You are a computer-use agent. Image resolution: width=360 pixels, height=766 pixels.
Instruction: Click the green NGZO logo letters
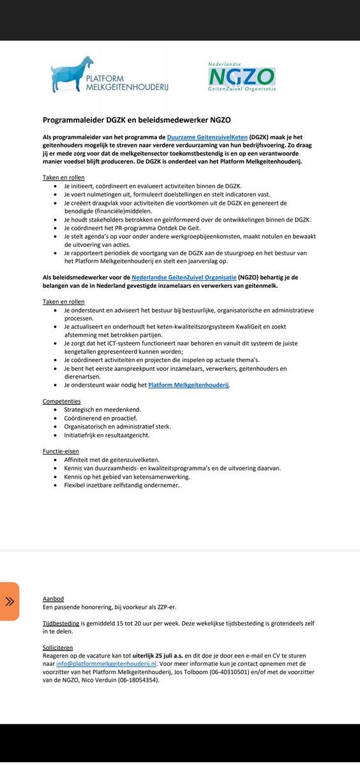pyautogui.click(x=241, y=78)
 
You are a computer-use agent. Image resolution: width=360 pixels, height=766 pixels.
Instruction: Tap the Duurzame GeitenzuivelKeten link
pyautogui.click(x=207, y=137)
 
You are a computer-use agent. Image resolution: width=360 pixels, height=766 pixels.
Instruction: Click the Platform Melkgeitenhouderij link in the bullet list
pyautogui.click(x=188, y=385)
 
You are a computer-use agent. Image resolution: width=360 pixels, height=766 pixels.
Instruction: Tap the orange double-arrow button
pyautogui.click(x=10, y=601)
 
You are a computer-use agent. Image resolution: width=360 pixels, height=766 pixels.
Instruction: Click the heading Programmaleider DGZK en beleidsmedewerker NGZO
pyautogui.click(x=137, y=119)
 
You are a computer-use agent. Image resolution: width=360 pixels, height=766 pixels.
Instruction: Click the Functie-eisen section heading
pyautogui.click(x=61, y=451)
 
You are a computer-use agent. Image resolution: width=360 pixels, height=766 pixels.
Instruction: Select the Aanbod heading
pyautogui.click(x=53, y=599)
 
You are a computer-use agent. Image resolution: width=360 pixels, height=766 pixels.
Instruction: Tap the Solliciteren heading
pyautogui.click(x=58, y=647)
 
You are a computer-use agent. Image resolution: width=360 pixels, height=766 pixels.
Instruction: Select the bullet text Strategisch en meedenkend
pyautogui.click(x=102, y=409)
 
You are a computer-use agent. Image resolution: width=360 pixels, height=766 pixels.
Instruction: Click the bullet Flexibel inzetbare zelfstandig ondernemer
pyautogui.click(x=121, y=484)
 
